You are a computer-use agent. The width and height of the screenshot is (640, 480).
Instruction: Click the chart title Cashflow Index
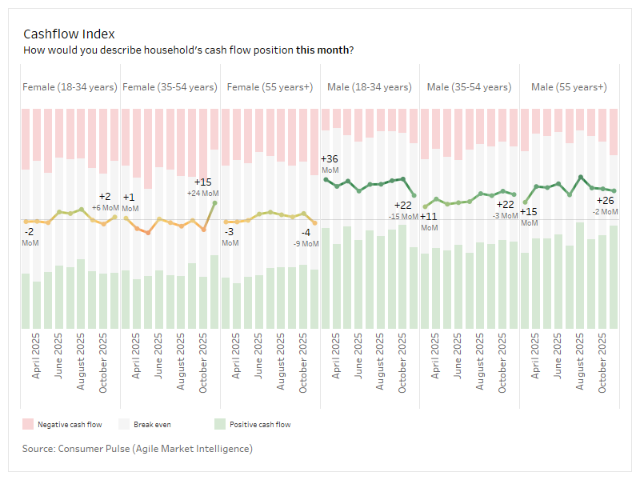69,34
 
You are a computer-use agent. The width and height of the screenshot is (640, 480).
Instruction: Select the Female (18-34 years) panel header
70,86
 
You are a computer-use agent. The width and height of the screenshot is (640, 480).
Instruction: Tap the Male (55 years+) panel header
569,86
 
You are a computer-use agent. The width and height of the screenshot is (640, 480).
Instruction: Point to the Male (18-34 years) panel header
370,86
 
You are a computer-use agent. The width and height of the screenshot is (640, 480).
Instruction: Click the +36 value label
329,159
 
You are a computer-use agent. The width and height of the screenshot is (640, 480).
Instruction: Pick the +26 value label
606,201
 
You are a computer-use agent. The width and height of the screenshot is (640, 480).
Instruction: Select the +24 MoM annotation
203,193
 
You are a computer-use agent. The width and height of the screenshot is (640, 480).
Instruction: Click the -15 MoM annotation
404,216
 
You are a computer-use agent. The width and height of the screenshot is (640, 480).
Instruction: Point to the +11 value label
429,217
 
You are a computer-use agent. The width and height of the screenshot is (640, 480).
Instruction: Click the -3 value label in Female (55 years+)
229,232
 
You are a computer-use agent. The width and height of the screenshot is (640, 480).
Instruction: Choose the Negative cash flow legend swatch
27,424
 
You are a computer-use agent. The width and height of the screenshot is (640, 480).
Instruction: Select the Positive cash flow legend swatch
220,424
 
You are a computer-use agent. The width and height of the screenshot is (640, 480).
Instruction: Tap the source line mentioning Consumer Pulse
138,449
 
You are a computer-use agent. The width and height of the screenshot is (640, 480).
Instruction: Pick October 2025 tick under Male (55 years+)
602,362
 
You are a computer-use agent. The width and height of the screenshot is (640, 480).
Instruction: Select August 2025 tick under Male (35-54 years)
480,362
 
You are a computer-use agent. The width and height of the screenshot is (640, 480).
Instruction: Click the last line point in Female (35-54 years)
214,203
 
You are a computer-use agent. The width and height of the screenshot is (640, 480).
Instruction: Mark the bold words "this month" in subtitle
322,50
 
